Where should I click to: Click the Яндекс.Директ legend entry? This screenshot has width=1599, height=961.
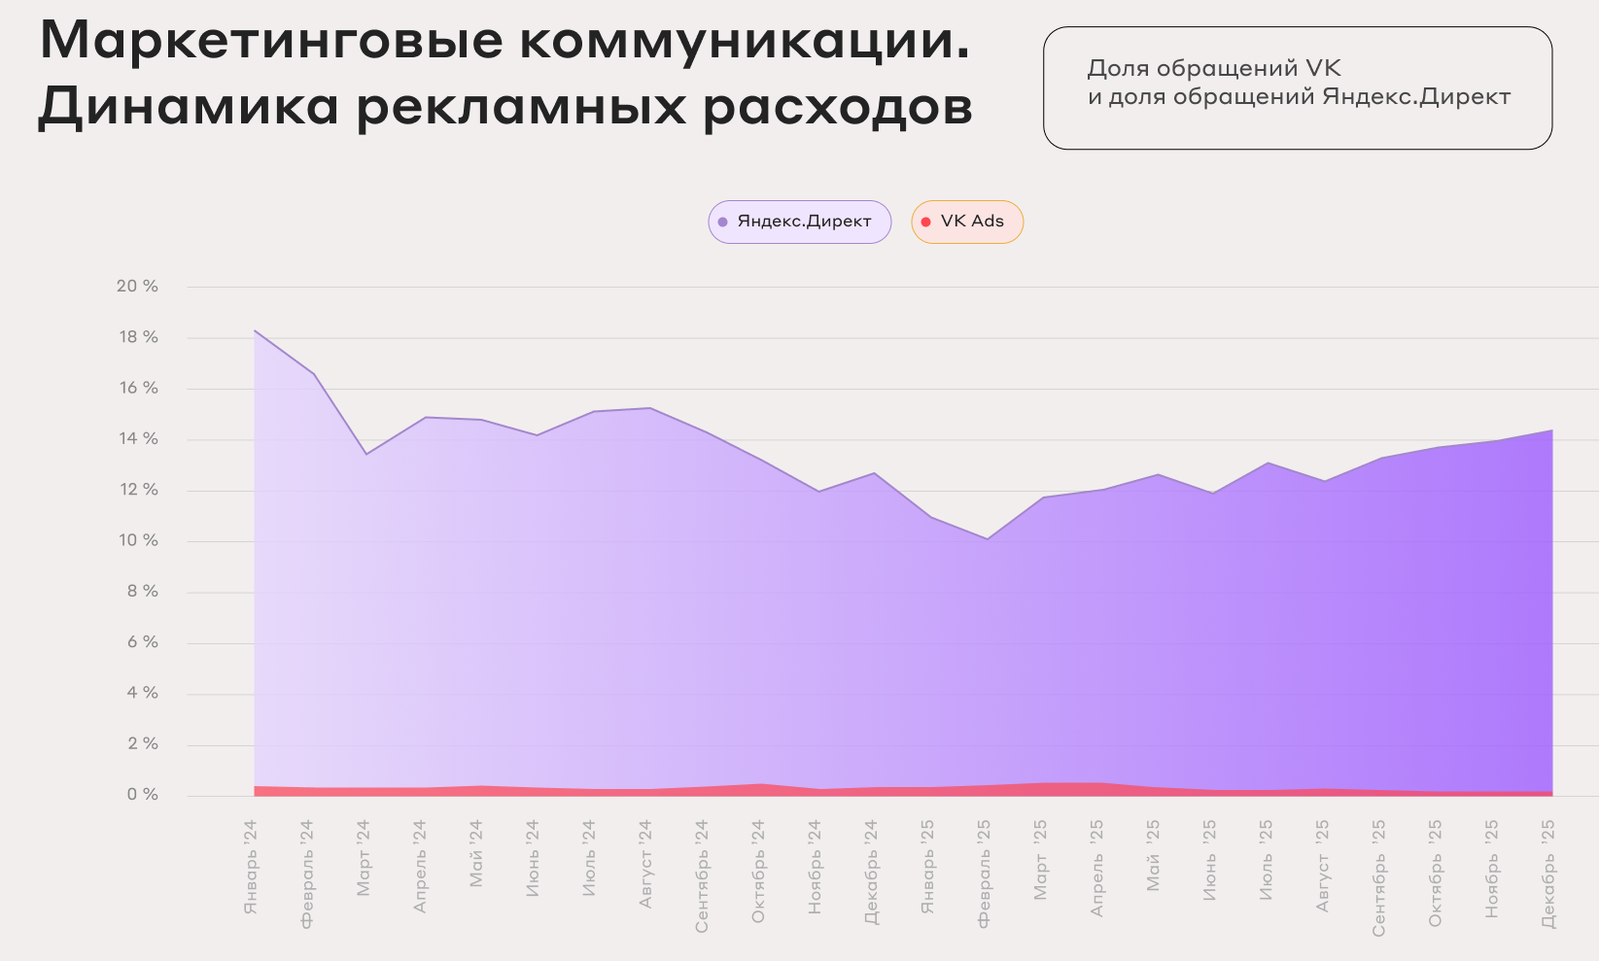(799, 222)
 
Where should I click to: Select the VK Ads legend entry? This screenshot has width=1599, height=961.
(967, 222)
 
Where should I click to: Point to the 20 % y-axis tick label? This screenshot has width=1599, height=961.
(137, 287)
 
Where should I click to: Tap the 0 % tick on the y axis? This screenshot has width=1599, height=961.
(142, 795)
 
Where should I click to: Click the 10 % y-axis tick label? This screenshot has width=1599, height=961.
(137, 540)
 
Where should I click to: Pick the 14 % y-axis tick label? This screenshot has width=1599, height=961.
(137, 439)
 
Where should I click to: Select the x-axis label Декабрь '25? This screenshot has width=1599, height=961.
(1548, 873)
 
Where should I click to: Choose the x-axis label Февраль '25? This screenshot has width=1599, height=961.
(984, 874)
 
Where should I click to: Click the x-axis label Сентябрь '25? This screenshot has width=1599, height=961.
(1378, 877)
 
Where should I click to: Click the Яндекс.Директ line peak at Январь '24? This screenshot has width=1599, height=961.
(255, 331)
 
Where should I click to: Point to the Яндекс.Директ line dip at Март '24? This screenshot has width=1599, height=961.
(366, 454)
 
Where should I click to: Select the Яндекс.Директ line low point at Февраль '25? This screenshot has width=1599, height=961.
(988, 538)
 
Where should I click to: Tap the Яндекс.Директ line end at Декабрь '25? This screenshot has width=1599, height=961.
(1551, 430)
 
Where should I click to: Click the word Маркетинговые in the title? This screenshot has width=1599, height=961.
(271, 41)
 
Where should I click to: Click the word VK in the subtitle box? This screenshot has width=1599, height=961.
(1322, 68)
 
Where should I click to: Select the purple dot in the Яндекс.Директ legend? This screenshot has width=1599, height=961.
(722, 223)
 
